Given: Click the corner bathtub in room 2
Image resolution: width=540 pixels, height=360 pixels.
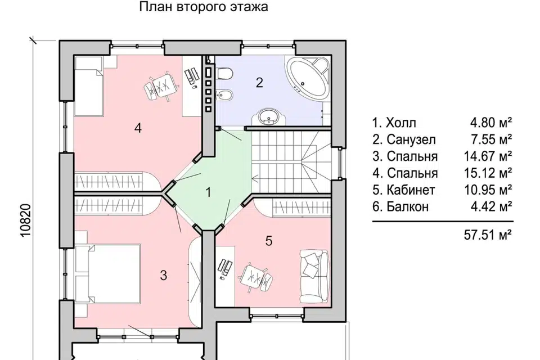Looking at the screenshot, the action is click(x=308, y=77).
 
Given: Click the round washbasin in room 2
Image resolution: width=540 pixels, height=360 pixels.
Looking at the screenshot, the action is click(x=268, y=117).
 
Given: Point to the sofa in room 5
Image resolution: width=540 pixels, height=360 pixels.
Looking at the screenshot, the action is click(x=314, y=277).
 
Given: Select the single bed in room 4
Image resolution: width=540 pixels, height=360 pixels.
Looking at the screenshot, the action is click(x=89, y=85).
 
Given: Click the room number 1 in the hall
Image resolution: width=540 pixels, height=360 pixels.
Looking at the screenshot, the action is click(x=208, y=192).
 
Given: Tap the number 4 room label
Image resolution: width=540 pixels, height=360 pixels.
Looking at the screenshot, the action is click(x=138, y=128).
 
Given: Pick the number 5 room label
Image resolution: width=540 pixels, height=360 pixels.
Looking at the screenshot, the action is click(x=269, y=241).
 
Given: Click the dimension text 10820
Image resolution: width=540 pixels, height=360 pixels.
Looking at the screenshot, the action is click(x=26, y=220).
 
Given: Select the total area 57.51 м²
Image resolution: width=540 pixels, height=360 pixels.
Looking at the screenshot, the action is click(x=488, y=235).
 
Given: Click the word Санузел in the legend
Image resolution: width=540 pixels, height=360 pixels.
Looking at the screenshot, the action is click(x=411, y=139).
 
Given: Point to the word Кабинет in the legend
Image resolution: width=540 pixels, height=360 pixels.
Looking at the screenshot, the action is click(x=411, y=190).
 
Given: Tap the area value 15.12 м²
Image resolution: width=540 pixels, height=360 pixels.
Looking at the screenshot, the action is click(x=488, y=173).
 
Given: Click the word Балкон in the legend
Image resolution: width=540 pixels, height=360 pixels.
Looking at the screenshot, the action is click(x=408, y=206).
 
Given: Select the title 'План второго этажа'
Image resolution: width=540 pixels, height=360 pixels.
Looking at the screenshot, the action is click(x=204, y=7).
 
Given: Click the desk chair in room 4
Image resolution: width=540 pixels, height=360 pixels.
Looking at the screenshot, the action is click(x=161, y=86).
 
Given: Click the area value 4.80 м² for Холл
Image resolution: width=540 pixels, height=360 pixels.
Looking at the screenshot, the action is click(x=490, y=123).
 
